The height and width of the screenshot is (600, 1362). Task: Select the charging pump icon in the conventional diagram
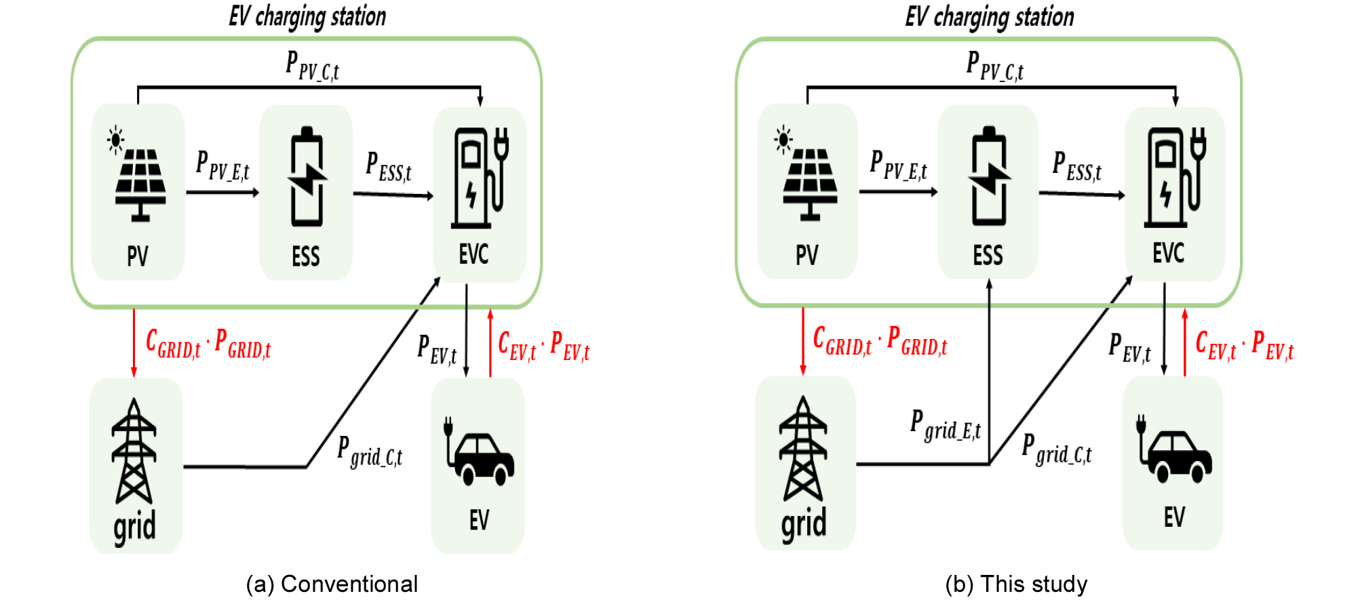479,178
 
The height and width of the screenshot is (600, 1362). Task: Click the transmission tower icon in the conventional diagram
134,451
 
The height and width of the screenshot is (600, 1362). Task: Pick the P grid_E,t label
946,425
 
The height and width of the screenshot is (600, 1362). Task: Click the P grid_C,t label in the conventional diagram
370,452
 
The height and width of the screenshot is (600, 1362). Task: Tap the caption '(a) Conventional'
332,584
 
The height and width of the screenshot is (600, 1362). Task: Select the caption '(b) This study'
1016,584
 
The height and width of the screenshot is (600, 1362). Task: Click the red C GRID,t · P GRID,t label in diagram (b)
880,341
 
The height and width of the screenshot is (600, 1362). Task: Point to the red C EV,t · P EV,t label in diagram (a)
543,346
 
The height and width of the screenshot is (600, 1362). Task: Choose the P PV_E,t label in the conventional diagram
222,165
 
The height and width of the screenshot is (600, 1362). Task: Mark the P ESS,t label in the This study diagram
1076,166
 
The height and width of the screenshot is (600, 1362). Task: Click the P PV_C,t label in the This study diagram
994,66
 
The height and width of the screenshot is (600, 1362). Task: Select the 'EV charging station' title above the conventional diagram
307,16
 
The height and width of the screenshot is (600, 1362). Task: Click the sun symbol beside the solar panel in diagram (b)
783,139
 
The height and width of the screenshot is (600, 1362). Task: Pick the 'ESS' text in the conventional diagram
306,257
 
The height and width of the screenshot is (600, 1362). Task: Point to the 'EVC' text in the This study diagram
1168,254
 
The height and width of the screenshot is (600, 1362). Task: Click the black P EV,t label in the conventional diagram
437,349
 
